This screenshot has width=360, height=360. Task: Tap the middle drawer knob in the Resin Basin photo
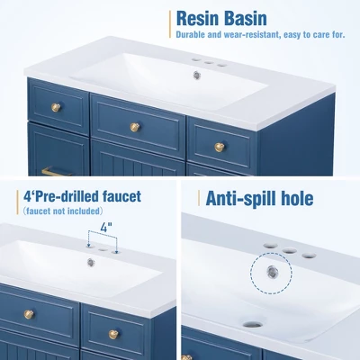click(x=135, y=126)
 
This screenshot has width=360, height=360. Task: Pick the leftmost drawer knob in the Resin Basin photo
click(x=56, y=108)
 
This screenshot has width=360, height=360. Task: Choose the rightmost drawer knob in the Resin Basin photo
click(x=220, y=147)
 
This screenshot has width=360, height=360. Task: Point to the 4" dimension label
click(x=105, y=229)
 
